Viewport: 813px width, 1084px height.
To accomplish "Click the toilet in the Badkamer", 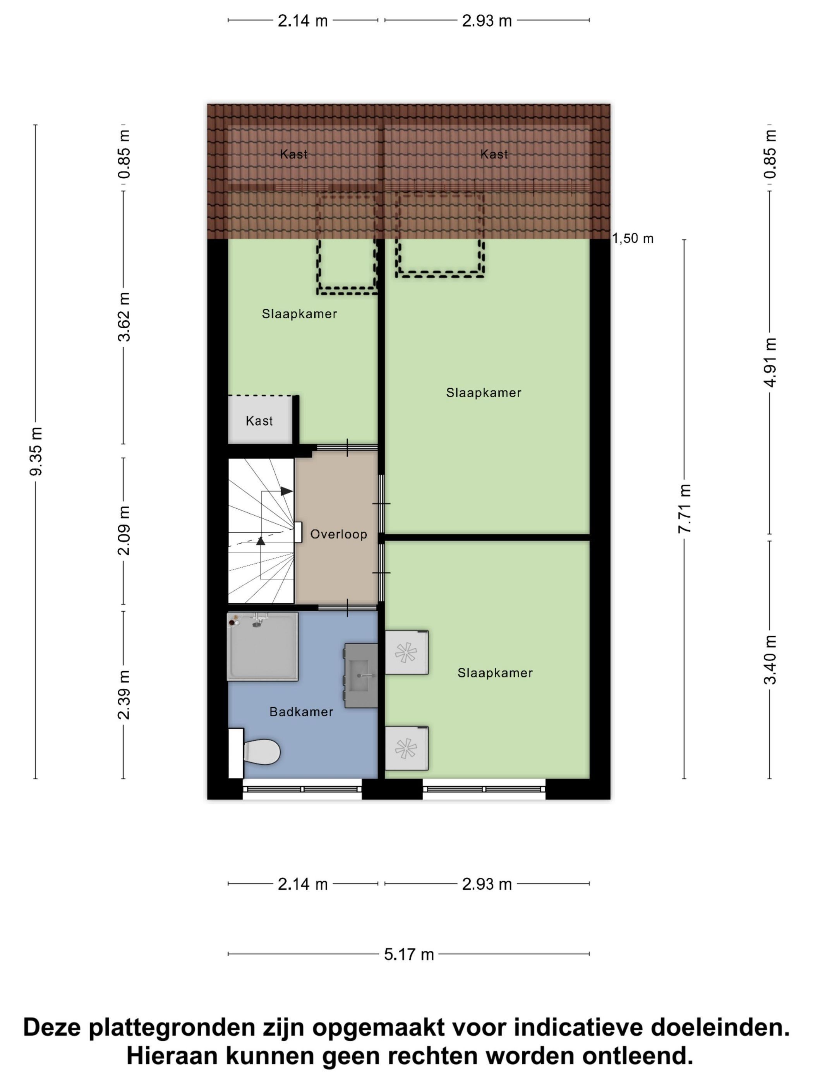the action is point(255,752).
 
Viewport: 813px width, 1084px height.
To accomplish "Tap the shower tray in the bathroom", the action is point(262,647).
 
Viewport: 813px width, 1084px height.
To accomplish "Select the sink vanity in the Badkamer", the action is point(361,675).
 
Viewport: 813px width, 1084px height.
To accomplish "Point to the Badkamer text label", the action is point(301,712).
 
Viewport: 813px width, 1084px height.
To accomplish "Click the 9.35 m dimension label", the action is point(36,451).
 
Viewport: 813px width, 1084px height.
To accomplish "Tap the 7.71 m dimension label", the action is point(684,508).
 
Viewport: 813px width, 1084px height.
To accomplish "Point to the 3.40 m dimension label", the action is point(770,659).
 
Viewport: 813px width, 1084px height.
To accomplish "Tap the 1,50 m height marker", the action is point(633,238).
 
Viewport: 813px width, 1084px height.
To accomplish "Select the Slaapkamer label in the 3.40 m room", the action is point(495,673).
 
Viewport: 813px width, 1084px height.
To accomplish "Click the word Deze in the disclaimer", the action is point(52,1027).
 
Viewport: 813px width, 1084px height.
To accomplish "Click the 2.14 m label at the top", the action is point(302,21).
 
